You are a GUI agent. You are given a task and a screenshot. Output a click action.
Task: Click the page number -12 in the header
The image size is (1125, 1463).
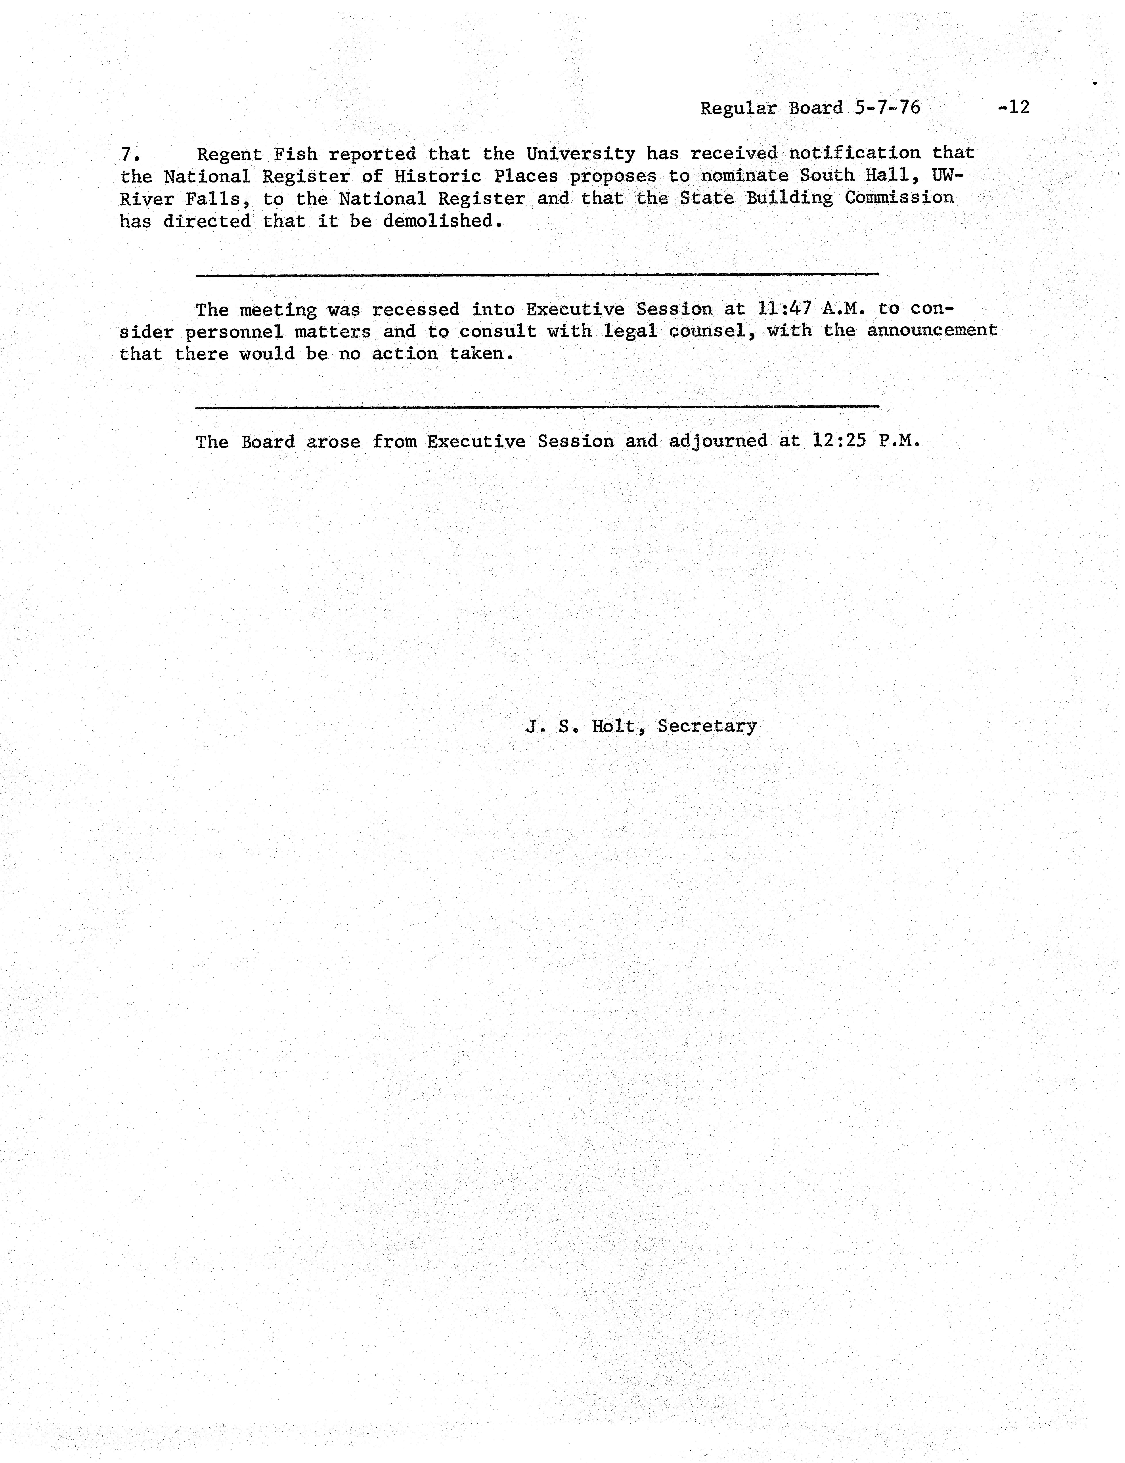1013,107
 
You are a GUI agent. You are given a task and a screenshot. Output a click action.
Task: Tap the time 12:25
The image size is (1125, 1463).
839,441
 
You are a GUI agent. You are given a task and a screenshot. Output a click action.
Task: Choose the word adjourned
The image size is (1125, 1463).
718,441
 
